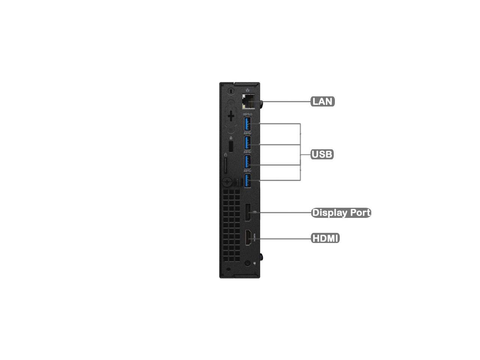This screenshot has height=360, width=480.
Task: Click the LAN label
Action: (x=322, y=101)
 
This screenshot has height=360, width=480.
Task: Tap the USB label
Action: (x=322, y=154)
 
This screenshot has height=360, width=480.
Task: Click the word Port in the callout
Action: (x=360, y=213)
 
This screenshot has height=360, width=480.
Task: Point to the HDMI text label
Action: (x=325, y=238)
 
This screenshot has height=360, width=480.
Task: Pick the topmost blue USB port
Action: (x=247, y=123)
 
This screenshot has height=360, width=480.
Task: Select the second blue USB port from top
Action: (x=247, y=142)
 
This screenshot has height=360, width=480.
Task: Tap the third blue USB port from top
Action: (x=247, y=162)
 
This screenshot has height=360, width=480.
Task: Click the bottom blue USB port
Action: (x=247, y=180)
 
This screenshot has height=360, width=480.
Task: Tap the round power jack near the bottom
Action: (x=247, y=263)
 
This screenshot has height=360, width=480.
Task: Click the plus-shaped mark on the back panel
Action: (x=231, y=116)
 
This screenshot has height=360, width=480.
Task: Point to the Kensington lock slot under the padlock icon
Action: (x=231, y=146)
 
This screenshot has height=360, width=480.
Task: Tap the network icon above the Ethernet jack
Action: (x=247, y=90)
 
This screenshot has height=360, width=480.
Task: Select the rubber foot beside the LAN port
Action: (x=262, y=103)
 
